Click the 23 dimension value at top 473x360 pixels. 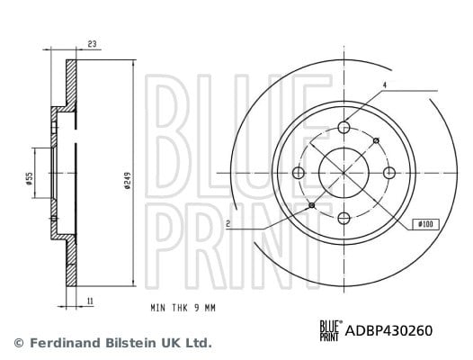(92, 44)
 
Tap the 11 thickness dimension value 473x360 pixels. (90, 301)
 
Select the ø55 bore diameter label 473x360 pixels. (29, 178)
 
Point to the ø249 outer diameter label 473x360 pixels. (128, 181)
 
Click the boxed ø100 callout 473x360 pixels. (426, 224)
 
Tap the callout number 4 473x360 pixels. (385, 85)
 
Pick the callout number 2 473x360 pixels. (228, 224)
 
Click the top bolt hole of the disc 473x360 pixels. (344, 127)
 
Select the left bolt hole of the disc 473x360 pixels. (299, 173)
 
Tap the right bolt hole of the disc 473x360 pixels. (389, 173)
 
